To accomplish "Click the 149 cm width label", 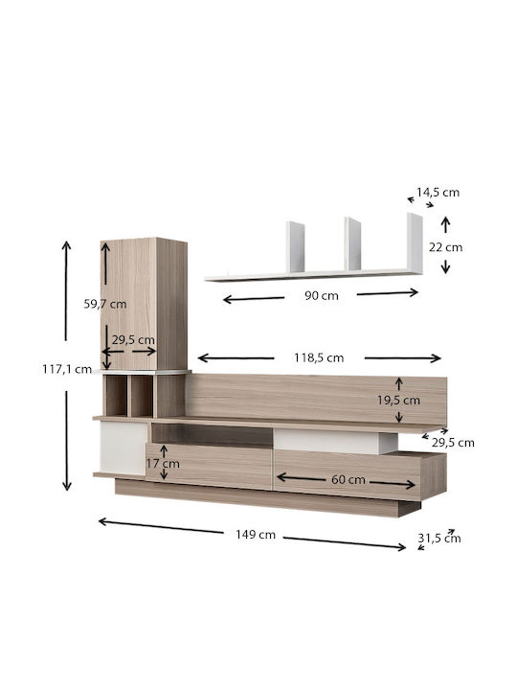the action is pyautogui.click(x=256, y=535).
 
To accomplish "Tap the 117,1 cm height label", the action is pyautogui.click(x=67, y=369).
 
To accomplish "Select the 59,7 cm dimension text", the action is pyautogui.click(x=105, y=304).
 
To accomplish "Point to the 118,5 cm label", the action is pyautogui.click(x=319, y=357).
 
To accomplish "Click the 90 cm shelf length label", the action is pyautogui.click(x=322, y=296).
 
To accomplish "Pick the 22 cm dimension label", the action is pyautogui.click(x=446, y=247).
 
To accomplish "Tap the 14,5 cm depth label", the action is pyautogui.click(x=438, y=193).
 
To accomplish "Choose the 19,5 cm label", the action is pyautogui.click(x=398, y=401).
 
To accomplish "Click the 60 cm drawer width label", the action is pyautogui.click(x=348, y=480).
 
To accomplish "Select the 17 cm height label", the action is pyautogui.click(x=163, y=464).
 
